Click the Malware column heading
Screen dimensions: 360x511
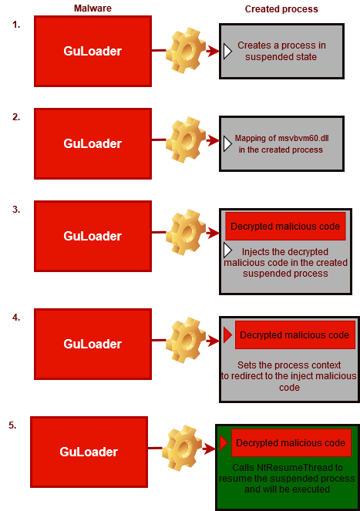(x=93, y=8)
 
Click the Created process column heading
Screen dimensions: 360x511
(x=281, y=9)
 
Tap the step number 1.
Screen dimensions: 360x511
(x=16, y=25)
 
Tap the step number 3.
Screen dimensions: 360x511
(x=16, y=209)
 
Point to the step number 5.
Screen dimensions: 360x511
(x=12, y=425)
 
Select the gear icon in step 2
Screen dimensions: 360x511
(x=186, y=140)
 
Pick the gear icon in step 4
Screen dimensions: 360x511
(x=186, y=340)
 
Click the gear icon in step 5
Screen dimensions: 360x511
(x=182, y=448)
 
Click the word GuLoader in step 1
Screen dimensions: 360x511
(x=93, y=51)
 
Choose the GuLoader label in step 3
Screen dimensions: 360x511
(x=93, y=236)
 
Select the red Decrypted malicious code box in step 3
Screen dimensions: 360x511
(x=285, y=226)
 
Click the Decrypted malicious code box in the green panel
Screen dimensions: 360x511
(x=291, y=443)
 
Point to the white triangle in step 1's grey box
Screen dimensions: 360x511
(x=227, y=51)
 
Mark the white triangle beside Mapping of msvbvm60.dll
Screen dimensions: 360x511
(x=227, y=143)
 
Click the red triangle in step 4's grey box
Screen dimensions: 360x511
(x=227, y=335)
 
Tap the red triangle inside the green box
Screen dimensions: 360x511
(x=224, y=443)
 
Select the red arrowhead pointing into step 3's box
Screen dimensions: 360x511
(x=213, y=233)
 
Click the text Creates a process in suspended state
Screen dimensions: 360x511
(x=281, y=51)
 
